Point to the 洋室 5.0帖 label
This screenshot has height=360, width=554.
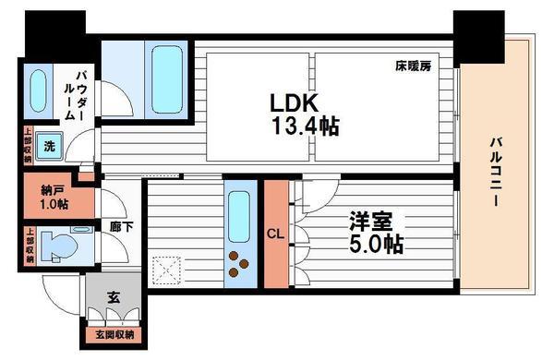[375, 233]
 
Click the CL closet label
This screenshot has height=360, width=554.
[275, 234]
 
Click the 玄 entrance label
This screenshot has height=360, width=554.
[113, 297]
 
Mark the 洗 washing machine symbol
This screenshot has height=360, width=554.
[50, 145]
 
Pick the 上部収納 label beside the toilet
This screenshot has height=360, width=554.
[30, 246]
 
